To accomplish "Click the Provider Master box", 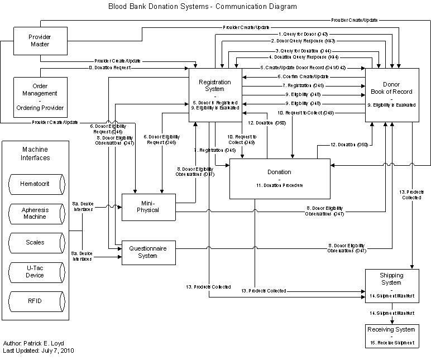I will pos(40,41).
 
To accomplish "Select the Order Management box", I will pos(40,94).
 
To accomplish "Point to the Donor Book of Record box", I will pos(392,95).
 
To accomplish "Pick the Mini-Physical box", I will pos(149,206).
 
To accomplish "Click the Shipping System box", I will pos(391,285).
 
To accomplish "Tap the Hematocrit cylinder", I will pos(36,184).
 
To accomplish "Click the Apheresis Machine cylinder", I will pos(36,213).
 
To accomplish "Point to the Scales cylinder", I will pos(36,243).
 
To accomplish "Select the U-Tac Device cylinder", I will pos(36,272).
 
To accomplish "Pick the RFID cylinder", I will pos(36,301).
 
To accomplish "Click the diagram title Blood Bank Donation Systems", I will pos(202,7).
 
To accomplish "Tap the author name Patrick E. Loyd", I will pos(47,343).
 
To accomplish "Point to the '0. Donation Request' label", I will pos(110,68).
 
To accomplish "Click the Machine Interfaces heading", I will pos(36,153).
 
